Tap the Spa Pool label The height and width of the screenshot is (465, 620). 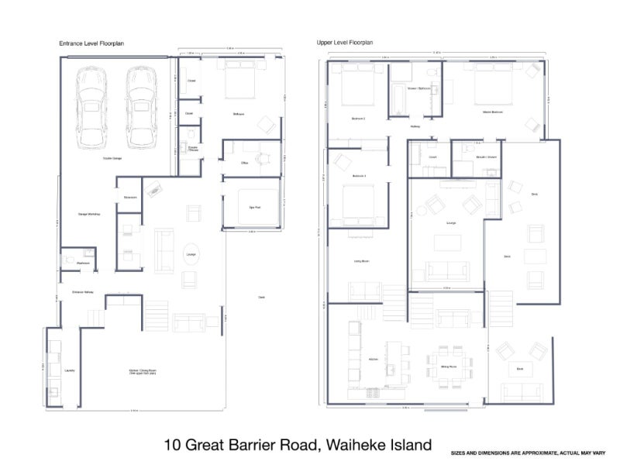[x=252, y=208]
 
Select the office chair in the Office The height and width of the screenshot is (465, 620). [x=261, y=159]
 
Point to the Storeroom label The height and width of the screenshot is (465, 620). [x=129, y=197]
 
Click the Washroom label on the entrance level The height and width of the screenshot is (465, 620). [x=83, y=263]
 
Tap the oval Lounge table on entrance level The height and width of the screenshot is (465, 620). [x=188, y=253]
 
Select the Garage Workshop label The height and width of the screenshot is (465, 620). [x=89, y=213]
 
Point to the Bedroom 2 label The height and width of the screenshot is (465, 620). [x=358, y=119]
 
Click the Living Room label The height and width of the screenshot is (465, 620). [x=360, y=261]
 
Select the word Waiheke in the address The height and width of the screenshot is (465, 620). [x=353, y=445]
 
